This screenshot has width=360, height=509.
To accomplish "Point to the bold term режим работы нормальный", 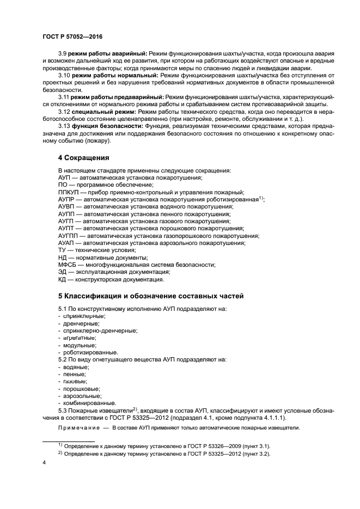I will [x=106, y=75].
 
